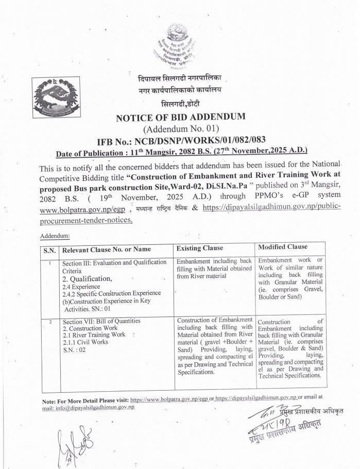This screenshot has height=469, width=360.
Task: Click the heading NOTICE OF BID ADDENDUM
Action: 181,117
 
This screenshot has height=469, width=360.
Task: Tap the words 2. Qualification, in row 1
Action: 87,279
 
